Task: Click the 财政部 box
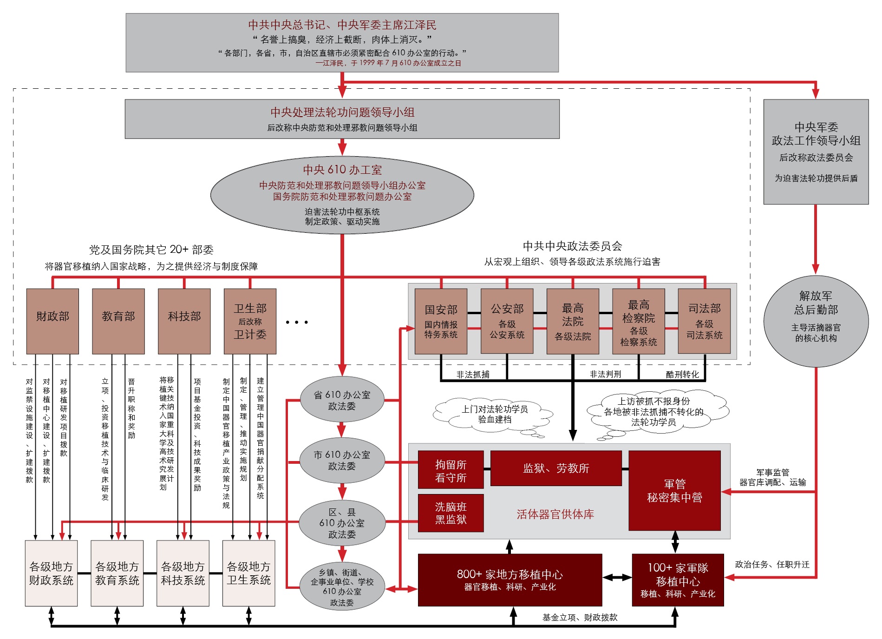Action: click(x=52, y=321)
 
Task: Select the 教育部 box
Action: click(x=118, y=321)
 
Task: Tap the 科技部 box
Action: click(x=184, y=321)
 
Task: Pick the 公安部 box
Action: click(x=507, y=321)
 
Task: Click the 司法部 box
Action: click(x=704, y=321)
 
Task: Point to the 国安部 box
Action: click(x=441, y=321)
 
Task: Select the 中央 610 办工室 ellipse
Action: click(x=342, y=195)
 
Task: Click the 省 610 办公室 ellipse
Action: click(x=342, y=400)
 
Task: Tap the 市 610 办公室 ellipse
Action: click(x=342, y=460)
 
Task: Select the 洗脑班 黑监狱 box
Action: click(x=451, y=513)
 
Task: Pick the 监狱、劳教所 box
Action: click(x=556, y=468)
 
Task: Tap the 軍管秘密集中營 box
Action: click(x=674, y=490)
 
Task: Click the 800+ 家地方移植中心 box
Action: click(x=510, y=580)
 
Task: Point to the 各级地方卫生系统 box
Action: click(x=248, y=573)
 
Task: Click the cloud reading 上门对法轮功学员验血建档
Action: click(x=494, y=414)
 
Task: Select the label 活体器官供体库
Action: click(x=555, y=514)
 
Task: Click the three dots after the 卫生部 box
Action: click(x=297, y=322)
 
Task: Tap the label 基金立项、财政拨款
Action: click(x=580, y=617)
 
